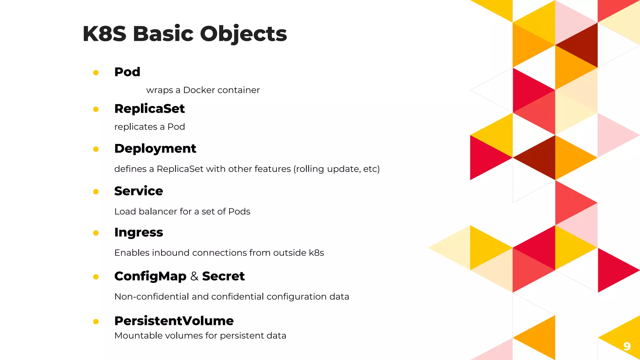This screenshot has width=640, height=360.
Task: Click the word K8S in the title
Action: click(x=104, y=33)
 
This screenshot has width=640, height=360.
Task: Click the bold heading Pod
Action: click(x=127, y=72)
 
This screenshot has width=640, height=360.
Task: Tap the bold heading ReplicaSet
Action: click(x=149, y=109)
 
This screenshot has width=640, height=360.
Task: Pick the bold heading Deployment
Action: click(x=155, y=148)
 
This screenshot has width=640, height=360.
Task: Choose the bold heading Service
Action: click(x=138, y=191)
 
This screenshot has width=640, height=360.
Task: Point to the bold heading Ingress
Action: click(x=138, y=232)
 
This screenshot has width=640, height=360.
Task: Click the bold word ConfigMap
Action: click(x=150, y=276)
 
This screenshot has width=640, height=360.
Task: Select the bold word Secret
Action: click(x=223, y=276)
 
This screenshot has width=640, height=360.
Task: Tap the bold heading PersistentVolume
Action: click(x=174, y=321)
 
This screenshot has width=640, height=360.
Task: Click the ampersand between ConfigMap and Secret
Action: click(x=194, y=276)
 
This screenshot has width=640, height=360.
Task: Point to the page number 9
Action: click(x=627, y=346)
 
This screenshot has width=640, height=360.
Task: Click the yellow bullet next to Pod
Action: click(x=96, y=72)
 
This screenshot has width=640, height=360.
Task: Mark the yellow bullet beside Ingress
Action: click(x=96, y=233)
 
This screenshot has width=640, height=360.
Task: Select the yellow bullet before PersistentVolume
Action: click(x=96, y=322)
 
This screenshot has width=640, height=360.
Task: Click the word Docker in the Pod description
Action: click(x=199, y=90)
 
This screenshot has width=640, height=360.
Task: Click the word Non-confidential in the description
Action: click(x=152, y=297)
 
